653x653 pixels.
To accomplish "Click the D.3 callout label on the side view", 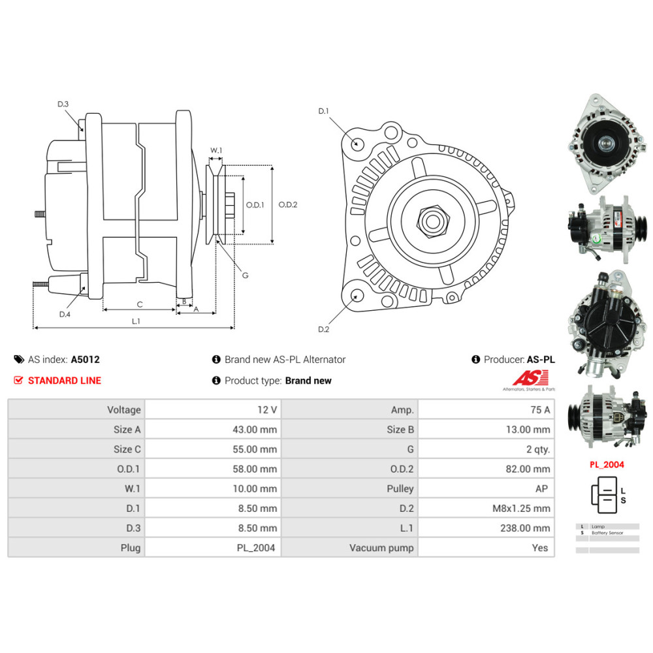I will coord(63,104).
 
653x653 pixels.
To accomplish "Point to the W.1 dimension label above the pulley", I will coord(215,151).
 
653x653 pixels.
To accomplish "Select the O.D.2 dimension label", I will coord(287,204).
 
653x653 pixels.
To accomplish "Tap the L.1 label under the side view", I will coord(136,321).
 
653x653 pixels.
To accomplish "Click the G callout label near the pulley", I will coord(245,276).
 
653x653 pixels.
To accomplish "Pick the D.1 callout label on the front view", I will coord(323,111).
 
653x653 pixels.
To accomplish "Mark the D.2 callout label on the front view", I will coord(323,329).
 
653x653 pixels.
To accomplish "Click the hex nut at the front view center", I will coord(431,221).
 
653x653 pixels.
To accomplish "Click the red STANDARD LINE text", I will coord(65,381).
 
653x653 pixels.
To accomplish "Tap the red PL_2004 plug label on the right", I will coord(607,465).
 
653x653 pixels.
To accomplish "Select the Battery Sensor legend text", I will coord(607,533).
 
